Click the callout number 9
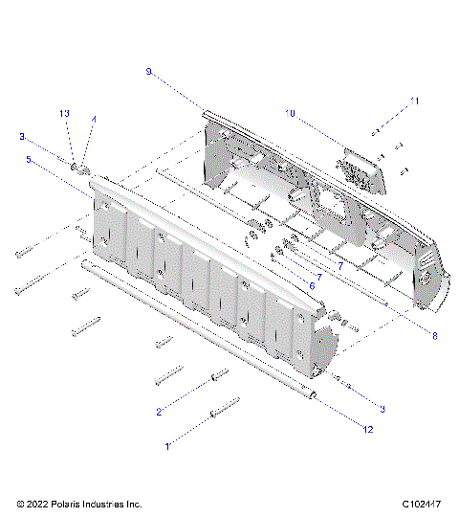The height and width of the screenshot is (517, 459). click(x=149, y=71)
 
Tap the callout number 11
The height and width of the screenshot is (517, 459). click(x=414, y=100)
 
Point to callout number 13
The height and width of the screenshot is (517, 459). click(x=65, y=114)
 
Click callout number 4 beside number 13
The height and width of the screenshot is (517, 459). click(x=93, y=119)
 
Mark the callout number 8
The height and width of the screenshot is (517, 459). click(x=434, y=335)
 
